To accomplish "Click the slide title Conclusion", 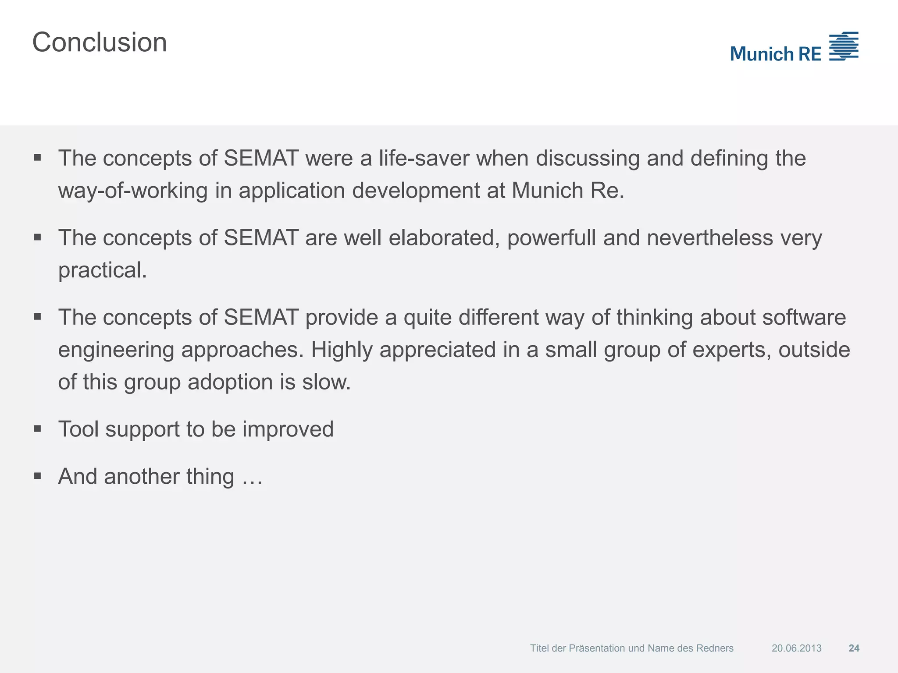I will (x=100, y=43).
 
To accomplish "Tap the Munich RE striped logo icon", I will (x=844, y=46).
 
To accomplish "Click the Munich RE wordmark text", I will (x=775, y=54).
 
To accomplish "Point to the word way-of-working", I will (x=133, y=191).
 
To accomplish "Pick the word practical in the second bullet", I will (x=102, y=270).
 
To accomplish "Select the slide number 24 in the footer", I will (x=854, y=648).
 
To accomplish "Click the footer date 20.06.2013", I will (x=796, y=648).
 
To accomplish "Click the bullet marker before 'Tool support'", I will (x=37, y=429).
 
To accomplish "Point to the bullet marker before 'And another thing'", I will (x=37, y=476).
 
